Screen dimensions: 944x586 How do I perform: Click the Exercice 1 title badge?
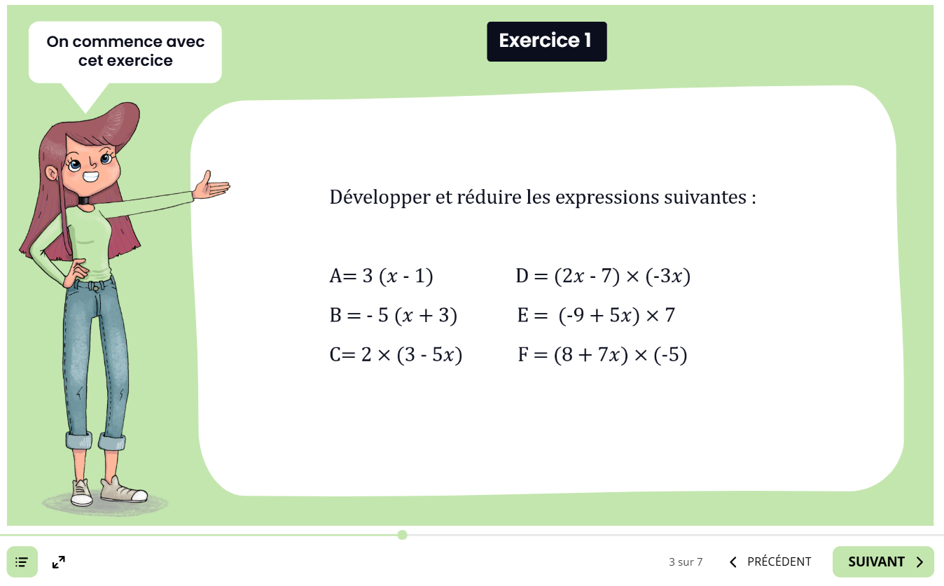point(547,42)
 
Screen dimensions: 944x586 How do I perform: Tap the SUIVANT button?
point(883,561)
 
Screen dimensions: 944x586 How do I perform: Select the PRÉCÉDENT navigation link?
point(770,561)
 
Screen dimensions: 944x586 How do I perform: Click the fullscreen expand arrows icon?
point(59,562)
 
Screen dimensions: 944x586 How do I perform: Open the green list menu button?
point(22,562)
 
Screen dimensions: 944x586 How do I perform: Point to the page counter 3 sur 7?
point(686,562)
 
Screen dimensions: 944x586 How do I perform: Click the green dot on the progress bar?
point(402,535)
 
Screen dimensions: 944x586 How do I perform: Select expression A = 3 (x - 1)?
point(382,277)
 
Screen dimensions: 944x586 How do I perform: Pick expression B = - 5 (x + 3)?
point(393,316)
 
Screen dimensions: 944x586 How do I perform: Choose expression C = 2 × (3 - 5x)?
point(396,355)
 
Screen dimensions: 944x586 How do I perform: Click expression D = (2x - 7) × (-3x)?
point(603,277)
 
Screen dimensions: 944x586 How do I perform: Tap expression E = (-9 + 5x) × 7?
point(596,316)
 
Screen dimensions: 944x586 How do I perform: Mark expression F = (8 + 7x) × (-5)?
point(602,355)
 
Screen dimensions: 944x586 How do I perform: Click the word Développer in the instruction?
point(380,197)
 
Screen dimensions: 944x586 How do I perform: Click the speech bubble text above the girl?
point(125,51)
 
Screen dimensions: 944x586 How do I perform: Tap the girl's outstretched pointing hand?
point(211,186)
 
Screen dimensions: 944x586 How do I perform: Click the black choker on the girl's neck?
point(84,200)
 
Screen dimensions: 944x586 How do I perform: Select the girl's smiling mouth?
point(90,176)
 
